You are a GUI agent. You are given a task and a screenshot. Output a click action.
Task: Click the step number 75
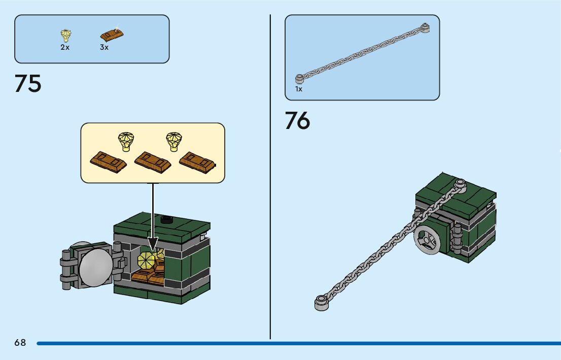[28, 84]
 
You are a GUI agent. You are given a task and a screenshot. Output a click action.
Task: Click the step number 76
[297, 121]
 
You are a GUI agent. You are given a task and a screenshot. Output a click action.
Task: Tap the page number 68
[20, 343]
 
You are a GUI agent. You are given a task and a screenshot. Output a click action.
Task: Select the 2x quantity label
[65, 47]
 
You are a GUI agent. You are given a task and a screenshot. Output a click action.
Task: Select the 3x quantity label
[104, 47]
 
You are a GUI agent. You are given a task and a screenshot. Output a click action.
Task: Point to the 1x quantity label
[299, 89]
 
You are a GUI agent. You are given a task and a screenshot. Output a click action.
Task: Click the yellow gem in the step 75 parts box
[65, 36]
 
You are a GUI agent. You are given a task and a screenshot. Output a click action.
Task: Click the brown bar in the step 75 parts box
[112, 35]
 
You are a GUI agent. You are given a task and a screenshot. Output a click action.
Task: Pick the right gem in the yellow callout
[174, 141]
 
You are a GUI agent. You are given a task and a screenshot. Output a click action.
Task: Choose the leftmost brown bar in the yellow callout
[109, 162]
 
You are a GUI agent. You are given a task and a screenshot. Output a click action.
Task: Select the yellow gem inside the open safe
[147, 260]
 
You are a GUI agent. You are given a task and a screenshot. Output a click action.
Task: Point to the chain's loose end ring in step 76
[321, 303]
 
